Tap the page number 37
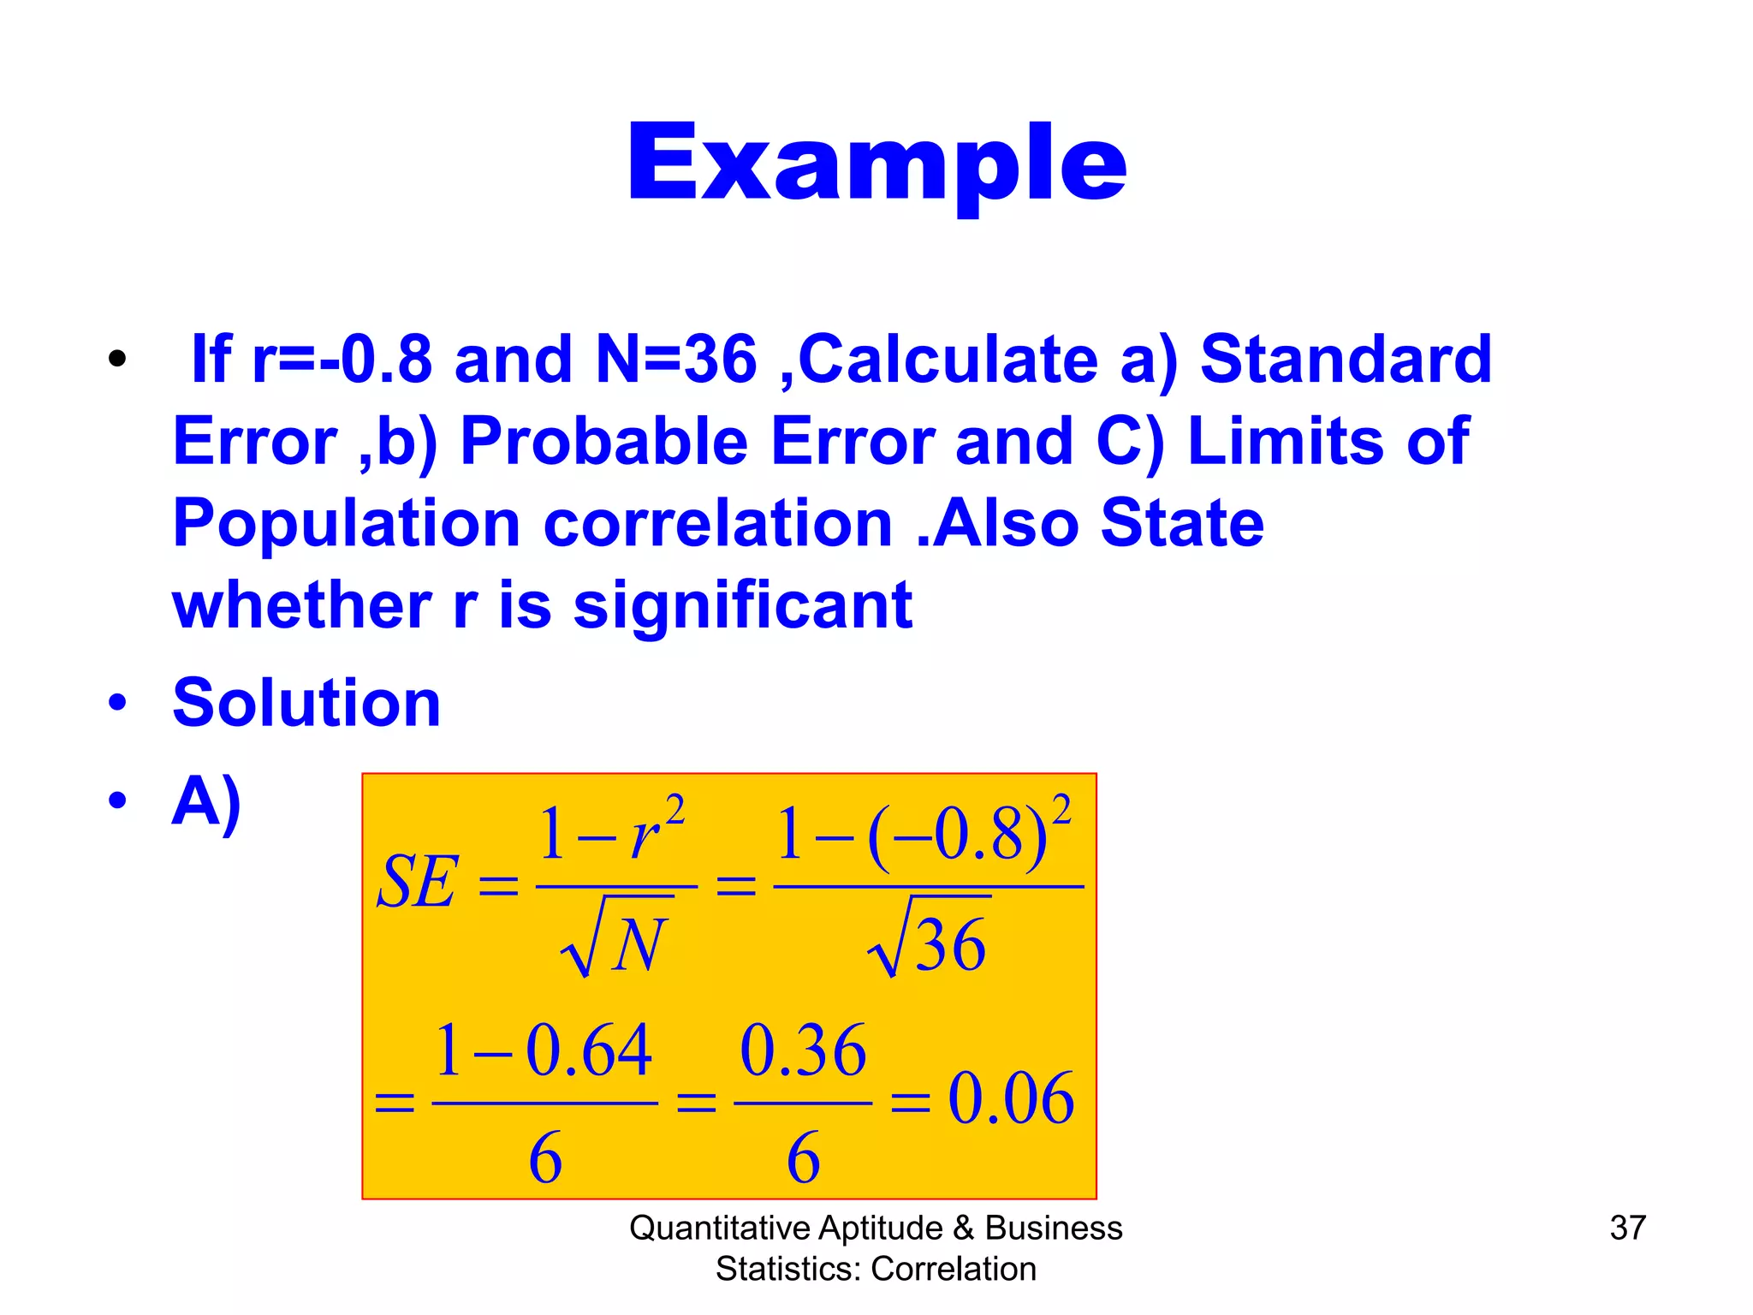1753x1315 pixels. [1627, 1228]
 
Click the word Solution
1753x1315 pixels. [306, 703]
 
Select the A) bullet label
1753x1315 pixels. [206, 802]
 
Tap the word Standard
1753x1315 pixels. [1346, 359]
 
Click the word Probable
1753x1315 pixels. [604, 441]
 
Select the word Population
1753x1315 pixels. [347, 523]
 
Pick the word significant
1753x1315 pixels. [742, 605]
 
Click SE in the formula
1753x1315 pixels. [418, 883]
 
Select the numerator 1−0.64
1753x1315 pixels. [544, 1050]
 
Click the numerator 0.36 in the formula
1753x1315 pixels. [803, 1050]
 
